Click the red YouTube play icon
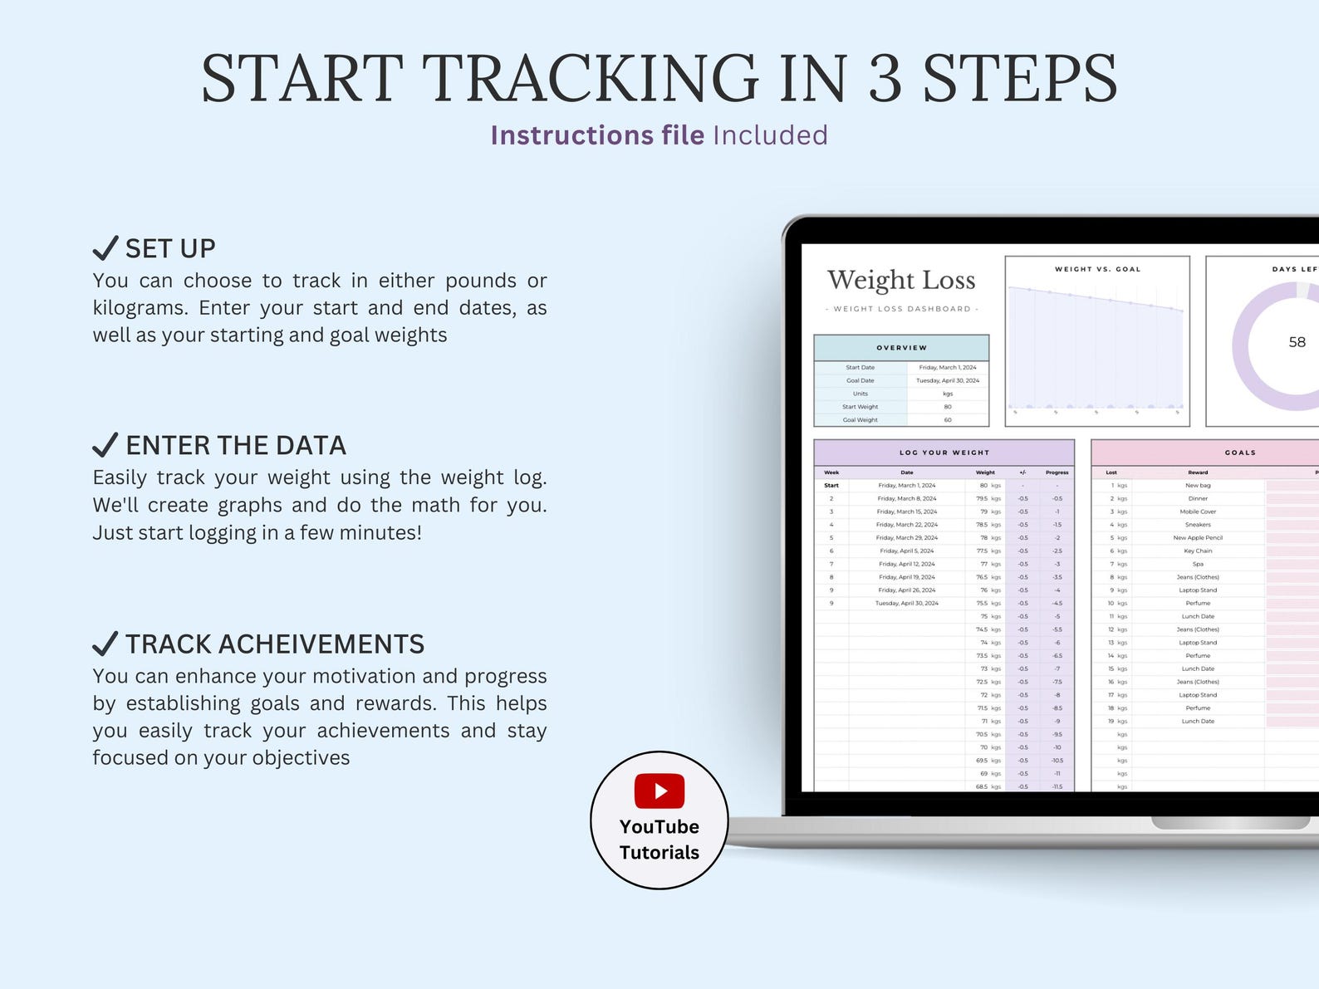click(659, 791)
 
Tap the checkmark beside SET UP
click(105, 247)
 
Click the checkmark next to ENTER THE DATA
click(105, 445)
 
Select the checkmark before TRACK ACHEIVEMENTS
click(105, 644)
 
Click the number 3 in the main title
click(885, 79)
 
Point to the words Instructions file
click(597, 135)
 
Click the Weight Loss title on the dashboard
click(901, 281)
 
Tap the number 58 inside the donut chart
click(1297, 342)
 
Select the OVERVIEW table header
click(901, 348)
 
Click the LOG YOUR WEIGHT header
click(944, 453)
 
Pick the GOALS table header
click(1240, 453)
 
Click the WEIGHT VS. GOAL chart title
click(1097, 269)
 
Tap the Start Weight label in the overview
click(860, 407)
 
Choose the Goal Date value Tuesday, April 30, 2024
click(948, 380)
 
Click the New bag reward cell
click(1198, 486)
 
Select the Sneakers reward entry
click(1198, 525)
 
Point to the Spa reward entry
click(1198, 564)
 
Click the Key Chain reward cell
click(1198, 551)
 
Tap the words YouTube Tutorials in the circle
click(659, 840)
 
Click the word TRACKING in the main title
click(591, 79)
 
